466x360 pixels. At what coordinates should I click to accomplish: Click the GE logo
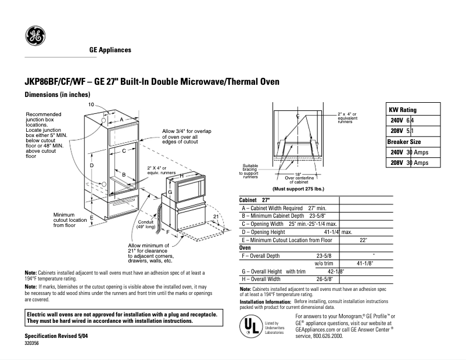tap(35, 37)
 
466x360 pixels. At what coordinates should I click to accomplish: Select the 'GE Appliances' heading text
tap(110, 50)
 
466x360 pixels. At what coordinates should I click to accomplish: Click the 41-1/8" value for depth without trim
tap(364, 263)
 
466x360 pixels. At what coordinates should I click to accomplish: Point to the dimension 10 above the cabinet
tap(91, 104)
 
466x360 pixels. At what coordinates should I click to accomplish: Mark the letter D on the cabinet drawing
tap(92, 166)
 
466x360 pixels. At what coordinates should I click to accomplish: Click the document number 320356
tap(33, 343)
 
